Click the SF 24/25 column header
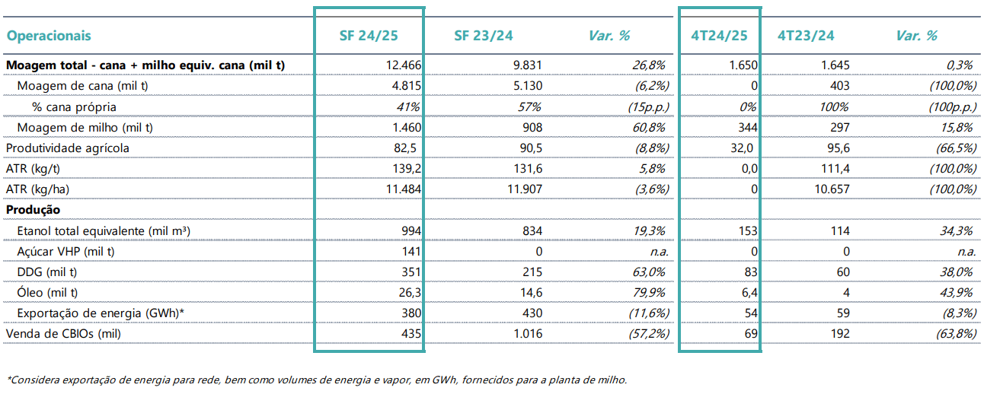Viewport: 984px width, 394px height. (x=369, y=36)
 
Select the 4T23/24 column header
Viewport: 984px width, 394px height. (x=806, y=36)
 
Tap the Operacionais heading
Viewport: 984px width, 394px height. (x=49, y=36)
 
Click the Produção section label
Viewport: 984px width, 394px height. (x=33, y=210)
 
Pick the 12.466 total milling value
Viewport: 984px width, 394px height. (x=403, y=65)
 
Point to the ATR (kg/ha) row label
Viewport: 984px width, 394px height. (x=37, y=189)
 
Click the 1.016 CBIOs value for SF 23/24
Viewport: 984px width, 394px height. (x=528, y=333)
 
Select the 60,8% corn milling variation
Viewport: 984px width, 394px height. (x=648, y=127)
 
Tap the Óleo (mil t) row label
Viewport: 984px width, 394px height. (x=47, y=292)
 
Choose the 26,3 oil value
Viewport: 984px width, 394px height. (x=410, y=292)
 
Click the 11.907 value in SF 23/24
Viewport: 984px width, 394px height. (x=525, y=189)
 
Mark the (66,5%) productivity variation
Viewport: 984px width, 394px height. (x=956, y=148)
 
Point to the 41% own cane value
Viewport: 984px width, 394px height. (x=408, y=106)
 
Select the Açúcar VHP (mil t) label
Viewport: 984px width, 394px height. (x=65, y=252)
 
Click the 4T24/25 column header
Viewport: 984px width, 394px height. (x=719, y=36)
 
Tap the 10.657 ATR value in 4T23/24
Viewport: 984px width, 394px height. (x=832, y=189)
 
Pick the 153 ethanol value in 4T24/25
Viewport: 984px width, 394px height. (x=748, y=230)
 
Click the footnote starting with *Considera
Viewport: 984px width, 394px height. (x=317, y=380)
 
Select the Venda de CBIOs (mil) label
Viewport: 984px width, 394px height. (x=63, y=333)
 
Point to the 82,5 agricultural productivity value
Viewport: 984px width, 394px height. (x=405, y=148)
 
